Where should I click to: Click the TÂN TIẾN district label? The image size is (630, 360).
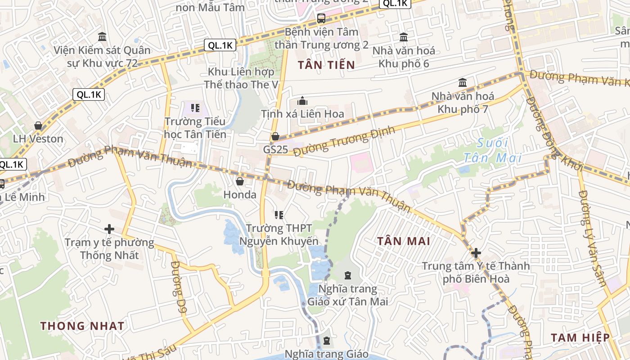click(326, 65)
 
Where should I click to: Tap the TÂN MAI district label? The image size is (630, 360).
click(404, 241)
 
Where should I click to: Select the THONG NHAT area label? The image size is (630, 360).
click(82, 326)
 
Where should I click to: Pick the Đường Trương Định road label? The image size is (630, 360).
click(344, 141)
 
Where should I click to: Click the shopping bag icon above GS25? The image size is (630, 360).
click(275, 136)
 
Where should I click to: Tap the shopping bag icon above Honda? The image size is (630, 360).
click(240, 181)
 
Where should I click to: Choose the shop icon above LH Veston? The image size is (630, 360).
click(38, 126)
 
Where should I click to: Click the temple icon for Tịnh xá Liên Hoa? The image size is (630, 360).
click(302, 101)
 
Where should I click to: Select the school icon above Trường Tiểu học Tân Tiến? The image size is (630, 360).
click(195, 108)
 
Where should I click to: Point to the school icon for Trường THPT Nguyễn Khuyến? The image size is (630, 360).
click(279, 215)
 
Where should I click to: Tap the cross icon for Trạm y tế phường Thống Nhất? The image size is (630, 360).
click(109, 229)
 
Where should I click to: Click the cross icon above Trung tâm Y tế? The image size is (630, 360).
click(476, 253)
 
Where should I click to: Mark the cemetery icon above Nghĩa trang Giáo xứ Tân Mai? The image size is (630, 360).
click(348, 275)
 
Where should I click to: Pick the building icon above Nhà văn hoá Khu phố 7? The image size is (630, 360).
click(463, 83)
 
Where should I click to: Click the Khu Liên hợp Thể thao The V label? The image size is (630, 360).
click(242, 78)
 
